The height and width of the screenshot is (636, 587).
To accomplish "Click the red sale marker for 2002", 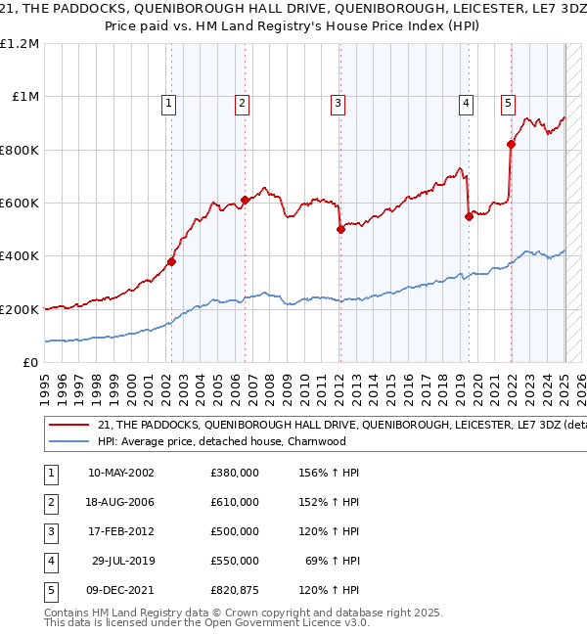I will (x=171, y=261).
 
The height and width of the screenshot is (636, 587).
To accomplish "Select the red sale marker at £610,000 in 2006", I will (x=245, y=200).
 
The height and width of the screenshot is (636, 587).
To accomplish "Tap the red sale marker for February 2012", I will (x=340, y=229).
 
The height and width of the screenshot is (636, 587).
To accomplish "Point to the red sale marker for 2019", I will (x=470, y=216).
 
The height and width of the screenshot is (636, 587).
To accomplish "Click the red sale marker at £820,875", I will (x=511, y=144).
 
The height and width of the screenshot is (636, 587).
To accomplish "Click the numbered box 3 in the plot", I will (x=338, y=103).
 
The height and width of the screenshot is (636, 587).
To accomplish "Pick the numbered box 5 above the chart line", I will (x=509, y=103).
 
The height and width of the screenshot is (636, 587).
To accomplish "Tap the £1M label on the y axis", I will (x=23, y=97).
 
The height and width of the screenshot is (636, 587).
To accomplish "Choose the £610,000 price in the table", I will (x=235, y=502).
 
